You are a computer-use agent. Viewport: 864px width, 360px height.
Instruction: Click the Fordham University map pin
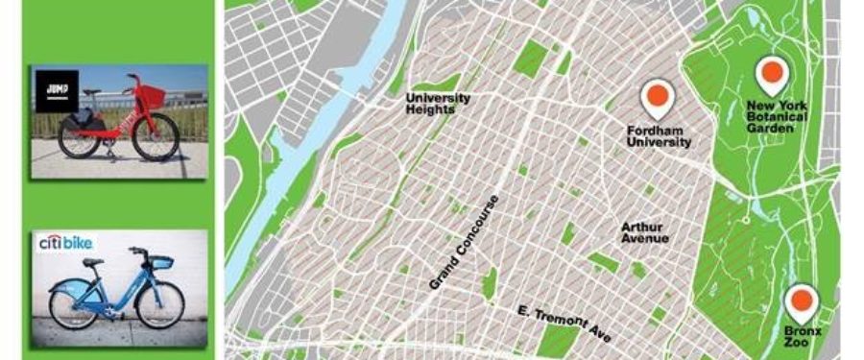pyautogui.click(x=658, y=97)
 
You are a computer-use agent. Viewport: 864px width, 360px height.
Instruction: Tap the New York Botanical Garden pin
pyautogui.click(x=771, y=74)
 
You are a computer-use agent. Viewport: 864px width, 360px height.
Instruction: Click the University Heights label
pyautogui.click(x=438, y=104)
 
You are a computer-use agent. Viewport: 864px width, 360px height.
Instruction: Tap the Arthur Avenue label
pyautogui.click(x=644, y=232)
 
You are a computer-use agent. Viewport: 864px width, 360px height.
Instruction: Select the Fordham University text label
pyautogui.click(x=659, y=135)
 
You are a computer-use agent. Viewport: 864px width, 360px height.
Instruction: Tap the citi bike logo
pyautogui.click(x=64, y=244)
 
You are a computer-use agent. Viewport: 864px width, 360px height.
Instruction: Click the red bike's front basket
pyautogui.click(x=151, y=96)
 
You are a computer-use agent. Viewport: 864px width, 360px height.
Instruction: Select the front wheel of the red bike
pyautogui.click(x=156, y=136)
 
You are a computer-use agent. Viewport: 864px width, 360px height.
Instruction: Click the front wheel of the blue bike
pyautogui.click(x=160, y=304)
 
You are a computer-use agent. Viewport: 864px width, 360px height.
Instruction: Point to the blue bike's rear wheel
pyautogui.click(x=73, y=307)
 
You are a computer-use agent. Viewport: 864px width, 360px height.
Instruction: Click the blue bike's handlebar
pyautogui.click(x=140, y=252)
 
